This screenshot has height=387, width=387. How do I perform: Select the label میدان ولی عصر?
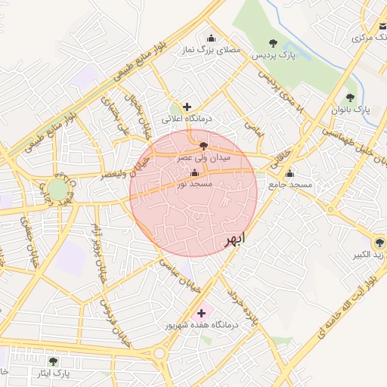click(203, 159)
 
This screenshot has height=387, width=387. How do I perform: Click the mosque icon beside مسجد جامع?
click(289, 173)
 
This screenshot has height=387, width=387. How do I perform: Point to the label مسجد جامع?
click(280, 185)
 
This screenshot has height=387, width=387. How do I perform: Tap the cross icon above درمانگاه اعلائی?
click(187, 107)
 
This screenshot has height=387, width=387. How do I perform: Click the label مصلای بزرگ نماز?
click(211, 50)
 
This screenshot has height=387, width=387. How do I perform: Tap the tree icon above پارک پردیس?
click(273, 43)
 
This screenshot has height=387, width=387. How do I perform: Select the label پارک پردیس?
click(271, 56)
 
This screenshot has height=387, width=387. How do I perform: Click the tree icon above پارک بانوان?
click(350, 97)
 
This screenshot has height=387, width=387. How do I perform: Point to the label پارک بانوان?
click(351, 110)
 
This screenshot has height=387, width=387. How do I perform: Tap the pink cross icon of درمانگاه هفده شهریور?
click(201, 312)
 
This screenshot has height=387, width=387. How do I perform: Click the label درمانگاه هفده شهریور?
click(202, 325)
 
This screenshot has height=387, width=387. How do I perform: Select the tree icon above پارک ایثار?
click(53, 361)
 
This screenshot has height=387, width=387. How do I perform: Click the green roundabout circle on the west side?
click(58, 189)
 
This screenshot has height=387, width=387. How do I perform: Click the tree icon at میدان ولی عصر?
click(203, 146)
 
